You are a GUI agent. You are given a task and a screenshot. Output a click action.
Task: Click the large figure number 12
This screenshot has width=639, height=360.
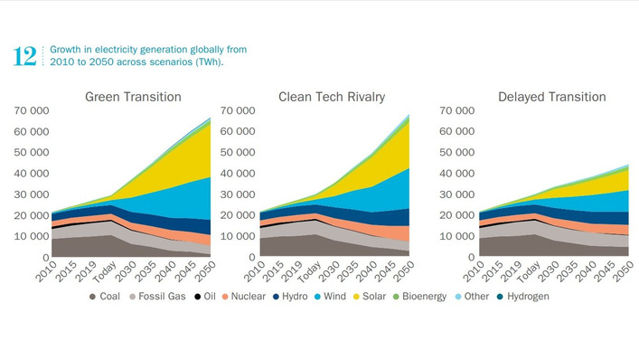[x=25, y=56]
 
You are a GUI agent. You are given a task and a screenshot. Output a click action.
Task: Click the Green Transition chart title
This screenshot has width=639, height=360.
[x=133, y=97]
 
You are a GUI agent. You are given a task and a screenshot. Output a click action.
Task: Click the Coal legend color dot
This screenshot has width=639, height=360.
[x=93, y=297]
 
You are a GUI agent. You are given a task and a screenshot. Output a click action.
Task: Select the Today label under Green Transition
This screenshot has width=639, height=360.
[x=105, y=271]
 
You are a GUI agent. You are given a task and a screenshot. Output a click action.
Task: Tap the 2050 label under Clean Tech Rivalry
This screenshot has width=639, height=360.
[x=408, y=271]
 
